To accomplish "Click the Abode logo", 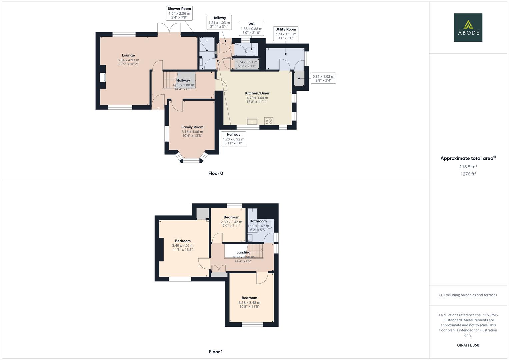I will pyautogui.click(x=468, y=27).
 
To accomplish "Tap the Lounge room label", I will pyautogui.click(x=128, y=55).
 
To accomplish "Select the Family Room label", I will pyautogui.click(x=192, y=127).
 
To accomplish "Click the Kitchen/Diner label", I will pyautogui.click(x=257, y=93).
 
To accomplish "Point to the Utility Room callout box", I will pyautogui.click(x=285, y=34).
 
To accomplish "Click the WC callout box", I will pyautogui.click(x=251, y=28).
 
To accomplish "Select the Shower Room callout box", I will pyautogui.click(x=179, y=13).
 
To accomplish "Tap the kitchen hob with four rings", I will pyautogui.click(x=269, y=121).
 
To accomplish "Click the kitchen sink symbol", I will pyautogui.click(x=252, y=121).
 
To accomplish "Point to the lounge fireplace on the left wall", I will pyautogui.click(x=102, y=77).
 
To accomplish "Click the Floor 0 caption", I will pyautogui.click(x=216, y=173).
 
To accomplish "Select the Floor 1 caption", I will pyautogui.click(x=216, y=352).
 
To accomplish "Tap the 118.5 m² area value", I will pyautogui.click(x=468, y=167).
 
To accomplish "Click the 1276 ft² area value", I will pyautogui.click(x=468, y=174).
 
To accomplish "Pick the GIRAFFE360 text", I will pyautogui.click(x=468, y=345).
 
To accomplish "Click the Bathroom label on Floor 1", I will pyautogui.click(x=258, y=221).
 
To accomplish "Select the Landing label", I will pyautogui.click(x=243, y=252).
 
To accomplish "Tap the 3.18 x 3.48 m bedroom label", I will pyautogui.click(x=249, y=303).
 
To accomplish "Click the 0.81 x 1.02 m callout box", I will pyautogui.click(x=323, y=78).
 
